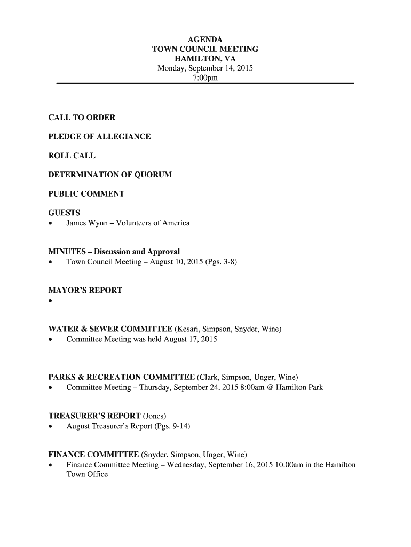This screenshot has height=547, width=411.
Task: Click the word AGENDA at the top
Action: pyautogui.click(x=205, y=40)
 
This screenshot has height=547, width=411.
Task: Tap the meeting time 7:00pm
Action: pyautogui.click(x=205, y=78)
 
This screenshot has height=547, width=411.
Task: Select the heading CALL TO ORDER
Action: pyautogui.click(x=82, y=117)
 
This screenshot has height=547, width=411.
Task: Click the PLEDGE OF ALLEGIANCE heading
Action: pyautogui.click(x=99, y=136)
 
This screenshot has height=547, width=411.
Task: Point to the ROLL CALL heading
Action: pyautogui.click(x=72, y=155)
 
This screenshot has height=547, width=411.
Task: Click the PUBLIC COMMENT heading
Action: pyautogui.click(x=86, y=194)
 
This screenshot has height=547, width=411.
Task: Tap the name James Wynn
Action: pyautogui.click(x=88, y=223)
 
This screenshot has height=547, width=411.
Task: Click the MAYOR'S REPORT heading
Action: pyautogui.click(x=85, y=290)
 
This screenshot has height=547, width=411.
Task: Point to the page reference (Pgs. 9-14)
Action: pyautogui.click(x=172, y=426)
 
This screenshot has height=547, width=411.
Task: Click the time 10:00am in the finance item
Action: pyautogui.click(x=290, y=465)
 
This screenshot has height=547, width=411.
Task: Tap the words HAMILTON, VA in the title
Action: pyautogui.click(x=205, y=59)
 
